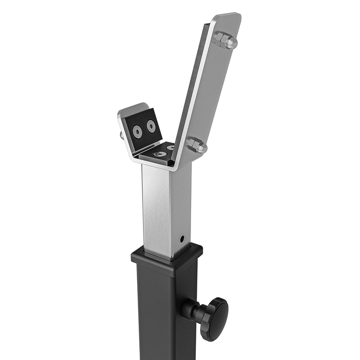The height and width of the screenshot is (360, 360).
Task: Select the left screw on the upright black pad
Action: point(138,131)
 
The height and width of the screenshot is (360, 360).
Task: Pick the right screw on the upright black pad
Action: point(151,127)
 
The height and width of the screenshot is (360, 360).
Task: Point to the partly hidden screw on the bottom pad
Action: point(170,147)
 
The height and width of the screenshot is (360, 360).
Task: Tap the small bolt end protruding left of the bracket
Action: point(122,136)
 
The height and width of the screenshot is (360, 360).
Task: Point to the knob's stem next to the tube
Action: point(190,311)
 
